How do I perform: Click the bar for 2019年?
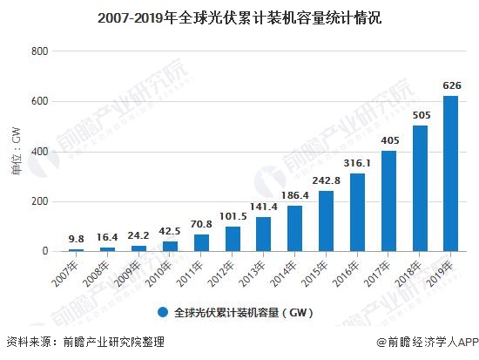click(x=450, y=173)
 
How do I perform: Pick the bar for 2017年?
click(x=388, y=200)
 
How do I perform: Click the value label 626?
click(x=450, y=86)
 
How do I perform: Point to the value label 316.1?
click(x=357, y=163)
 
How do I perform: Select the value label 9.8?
click(x=77, y=239)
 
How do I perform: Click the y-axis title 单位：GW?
click(x=16, y=151)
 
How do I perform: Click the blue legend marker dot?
click(x=162, y=311)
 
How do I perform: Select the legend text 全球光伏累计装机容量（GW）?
click(x=242, y=311)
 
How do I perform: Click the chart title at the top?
click(x=239, y=17)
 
